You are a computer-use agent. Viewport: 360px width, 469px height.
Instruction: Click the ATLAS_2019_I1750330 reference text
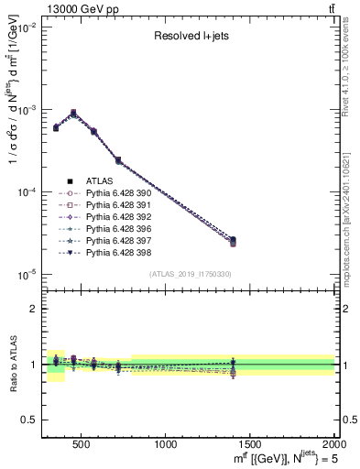(189, 274)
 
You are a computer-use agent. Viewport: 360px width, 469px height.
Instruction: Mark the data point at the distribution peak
(73, 114)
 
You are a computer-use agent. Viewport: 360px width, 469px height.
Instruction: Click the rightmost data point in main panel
(233, 241)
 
